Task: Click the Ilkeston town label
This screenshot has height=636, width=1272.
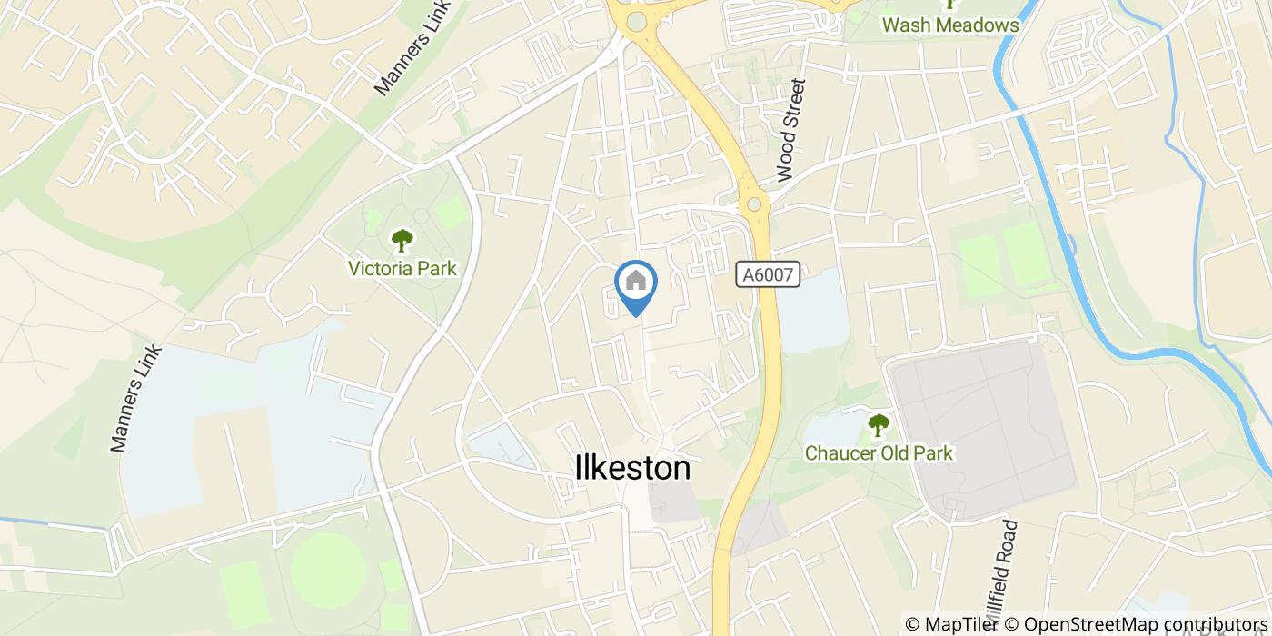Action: point(632,468)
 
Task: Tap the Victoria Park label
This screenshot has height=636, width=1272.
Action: point(402,268)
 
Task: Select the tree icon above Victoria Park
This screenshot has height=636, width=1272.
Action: point(402,241)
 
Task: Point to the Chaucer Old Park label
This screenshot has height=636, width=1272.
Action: point(879,452)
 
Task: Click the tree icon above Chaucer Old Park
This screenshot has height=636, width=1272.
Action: point(878,424)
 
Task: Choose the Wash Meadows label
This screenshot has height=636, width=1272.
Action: point(950,25)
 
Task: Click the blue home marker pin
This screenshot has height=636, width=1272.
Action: point(636,283)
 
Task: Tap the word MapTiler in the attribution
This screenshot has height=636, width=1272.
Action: point(959,624)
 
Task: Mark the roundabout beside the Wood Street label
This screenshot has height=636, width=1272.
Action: point(753,203)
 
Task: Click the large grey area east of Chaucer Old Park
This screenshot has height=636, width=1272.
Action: point(981,427)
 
